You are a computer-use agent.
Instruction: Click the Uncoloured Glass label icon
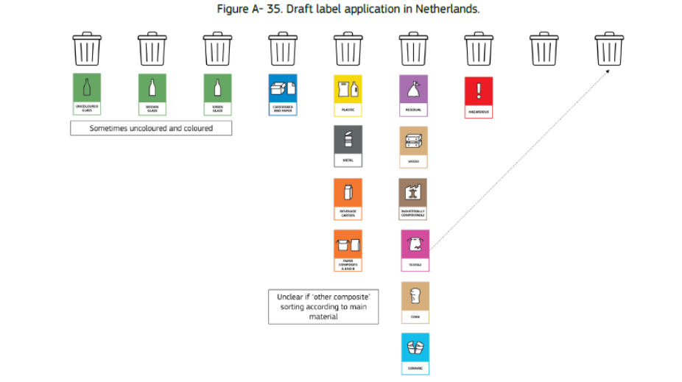pyautogui.click(x=87, y=93)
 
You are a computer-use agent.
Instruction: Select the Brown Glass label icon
pyautogui.click(x=152, y=93)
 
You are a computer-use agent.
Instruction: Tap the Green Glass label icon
pyautogui.click(x=217, y=93)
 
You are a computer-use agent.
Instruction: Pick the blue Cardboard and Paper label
pyautogui.click(x=282, y=93)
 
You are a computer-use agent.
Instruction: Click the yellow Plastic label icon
pyautogui.click(x=348, y=93)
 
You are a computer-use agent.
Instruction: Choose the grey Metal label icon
pyautogui.click(x=348, y=146)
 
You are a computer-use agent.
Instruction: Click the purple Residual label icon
pyautogui.click(x=413, y=93)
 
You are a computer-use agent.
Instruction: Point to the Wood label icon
pyautogui.click(x=413, y=146)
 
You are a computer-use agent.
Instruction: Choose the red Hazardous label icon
pyautogui.click(x=479, y=96)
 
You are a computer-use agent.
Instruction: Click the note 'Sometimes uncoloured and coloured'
pyautogui.click(x=151, y=128)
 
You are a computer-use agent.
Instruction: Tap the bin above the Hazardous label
pyautogui.click(x=479, y=49)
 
